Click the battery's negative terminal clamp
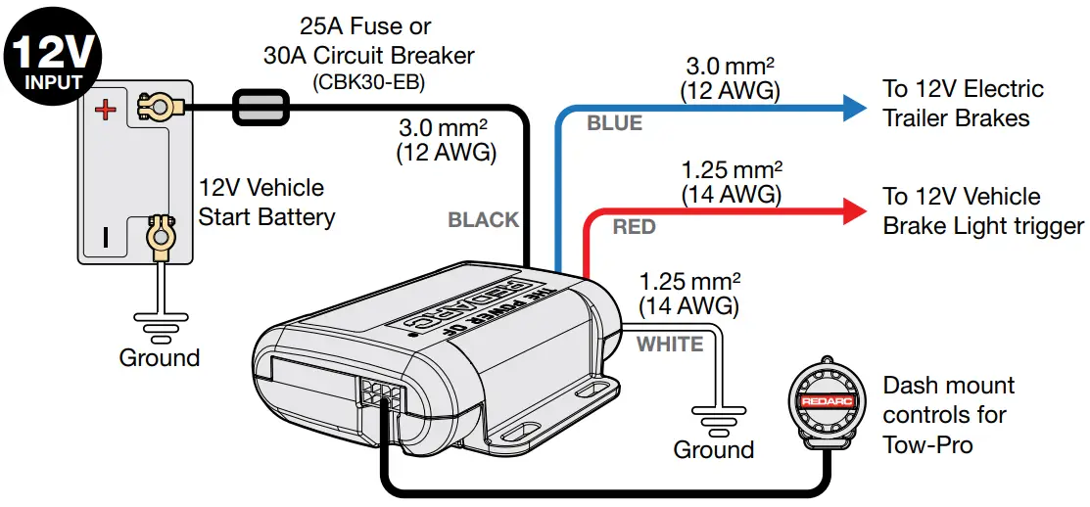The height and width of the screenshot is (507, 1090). point(157,234)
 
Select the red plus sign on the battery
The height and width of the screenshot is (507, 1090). point(104,109)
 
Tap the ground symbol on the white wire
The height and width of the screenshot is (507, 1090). point(712,415)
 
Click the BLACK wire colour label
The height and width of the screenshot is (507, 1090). point(483,220)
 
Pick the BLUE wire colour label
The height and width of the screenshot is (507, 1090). point(614,123)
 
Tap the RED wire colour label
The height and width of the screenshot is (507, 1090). point(634,228)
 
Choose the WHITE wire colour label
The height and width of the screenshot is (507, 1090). point(670,345)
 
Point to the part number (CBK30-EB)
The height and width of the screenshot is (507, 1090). point(368,82)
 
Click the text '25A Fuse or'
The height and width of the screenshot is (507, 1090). point(365,26)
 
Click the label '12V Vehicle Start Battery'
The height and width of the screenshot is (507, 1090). point(266,202)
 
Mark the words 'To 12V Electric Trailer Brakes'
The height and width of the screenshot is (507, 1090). point(962,103)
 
